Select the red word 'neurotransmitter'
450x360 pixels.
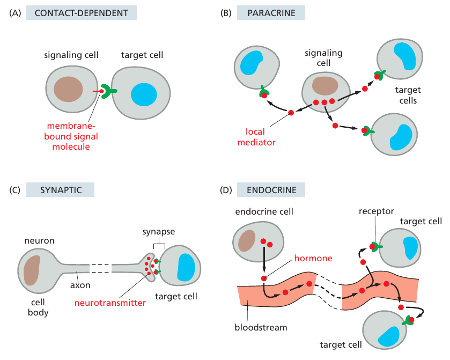tap(110, 303)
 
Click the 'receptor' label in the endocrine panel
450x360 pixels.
tap(377, 211)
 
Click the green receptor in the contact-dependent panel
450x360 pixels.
tap(109, 92)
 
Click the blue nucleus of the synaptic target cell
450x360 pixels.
tap(186, 266)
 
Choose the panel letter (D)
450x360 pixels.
tap(226, 189)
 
